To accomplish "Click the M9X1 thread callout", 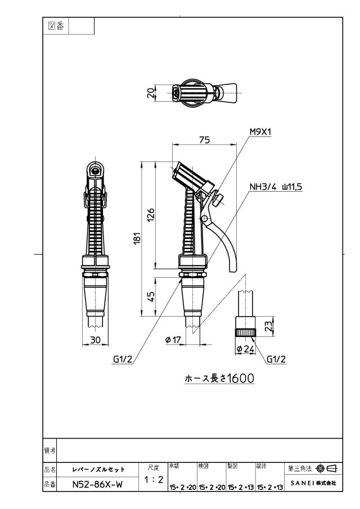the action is click(260, 132).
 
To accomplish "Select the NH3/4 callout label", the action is click(263, 187).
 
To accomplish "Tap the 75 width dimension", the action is click(204, 140).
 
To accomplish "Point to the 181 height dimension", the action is click(138, 238).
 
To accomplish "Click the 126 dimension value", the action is click(151, 215).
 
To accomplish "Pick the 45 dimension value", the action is click(151, 297).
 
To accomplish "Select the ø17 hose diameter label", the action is click(173, 340).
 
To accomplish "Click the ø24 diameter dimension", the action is click(245, 349).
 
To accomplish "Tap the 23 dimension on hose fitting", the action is click(268, 326).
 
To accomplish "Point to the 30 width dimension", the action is click(95, 340).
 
